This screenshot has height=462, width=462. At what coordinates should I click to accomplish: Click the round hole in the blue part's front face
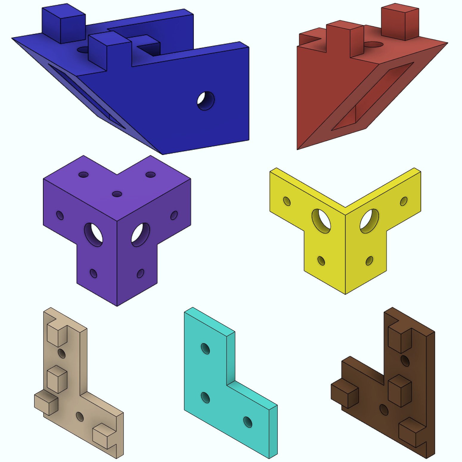[x=206, y=101]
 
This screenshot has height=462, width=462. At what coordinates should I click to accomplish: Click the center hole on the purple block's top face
[x=117, y=194]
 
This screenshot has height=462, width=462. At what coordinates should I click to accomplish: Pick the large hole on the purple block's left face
[x=94, y=235]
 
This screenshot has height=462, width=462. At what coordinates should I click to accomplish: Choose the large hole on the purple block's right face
[x=140, y=235]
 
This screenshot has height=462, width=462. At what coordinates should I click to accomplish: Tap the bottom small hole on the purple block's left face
[x=93, y=273]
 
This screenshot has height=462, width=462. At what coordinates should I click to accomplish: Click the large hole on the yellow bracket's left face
[x=321, y=221]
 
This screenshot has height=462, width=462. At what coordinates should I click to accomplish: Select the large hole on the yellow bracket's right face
[x=369, y=221]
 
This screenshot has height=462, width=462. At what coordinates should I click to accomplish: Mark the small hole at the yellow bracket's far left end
[x=287, y=201]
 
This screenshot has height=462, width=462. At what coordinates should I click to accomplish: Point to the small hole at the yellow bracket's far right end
[x=404, y=201]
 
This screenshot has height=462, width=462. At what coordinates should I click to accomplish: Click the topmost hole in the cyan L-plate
[x=205, y=348]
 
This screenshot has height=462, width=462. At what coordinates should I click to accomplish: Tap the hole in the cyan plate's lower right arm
[x=248, y=422]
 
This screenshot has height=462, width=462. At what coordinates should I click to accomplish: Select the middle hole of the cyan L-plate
[x=205, y=398]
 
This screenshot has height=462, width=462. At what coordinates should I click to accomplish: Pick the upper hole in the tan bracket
[x=62, y=354]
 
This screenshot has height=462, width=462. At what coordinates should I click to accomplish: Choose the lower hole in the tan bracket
[x=80, y=416]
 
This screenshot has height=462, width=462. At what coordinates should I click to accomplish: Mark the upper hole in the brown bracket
[x=405, y=361]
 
